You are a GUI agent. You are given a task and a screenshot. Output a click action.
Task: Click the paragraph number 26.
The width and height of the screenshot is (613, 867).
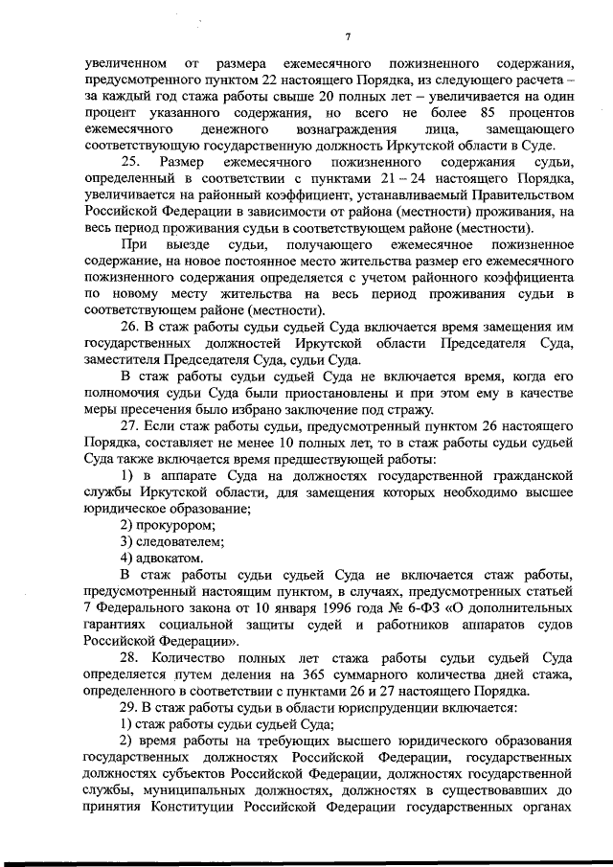pos(132,327)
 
